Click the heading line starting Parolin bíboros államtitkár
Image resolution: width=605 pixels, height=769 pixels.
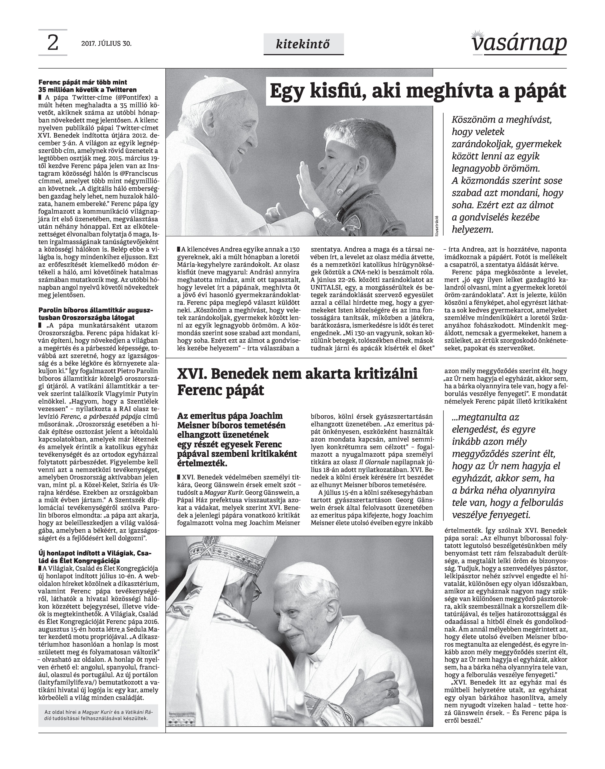[96, 310]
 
